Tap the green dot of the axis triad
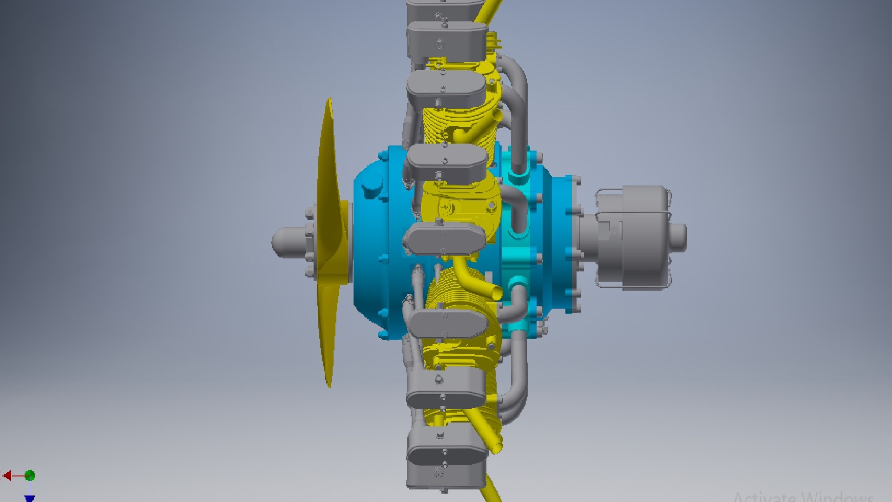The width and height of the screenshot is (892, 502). click(30, 476)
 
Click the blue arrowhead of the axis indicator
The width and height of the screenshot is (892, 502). click(30, 499)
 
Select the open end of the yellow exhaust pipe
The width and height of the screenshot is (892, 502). click(496, 292)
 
